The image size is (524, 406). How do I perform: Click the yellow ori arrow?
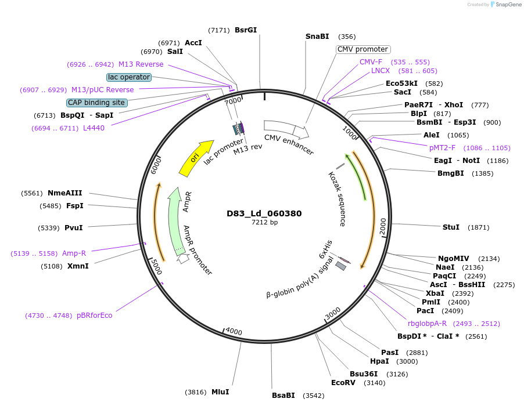(196, 157)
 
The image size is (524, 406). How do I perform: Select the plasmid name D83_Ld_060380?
(264, 213)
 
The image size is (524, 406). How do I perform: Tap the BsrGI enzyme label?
(246, 30)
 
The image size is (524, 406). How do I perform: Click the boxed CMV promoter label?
(363, 49)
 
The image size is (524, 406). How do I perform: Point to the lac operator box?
(129, 77)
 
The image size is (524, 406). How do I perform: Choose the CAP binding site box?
(96, 103)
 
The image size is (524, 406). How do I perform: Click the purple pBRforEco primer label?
(94, 316)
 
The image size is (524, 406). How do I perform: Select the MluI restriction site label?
(220, 392)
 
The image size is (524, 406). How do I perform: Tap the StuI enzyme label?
(451, 227)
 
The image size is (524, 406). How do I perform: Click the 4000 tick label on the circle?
(234, 331)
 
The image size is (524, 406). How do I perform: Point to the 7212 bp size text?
(264, 222)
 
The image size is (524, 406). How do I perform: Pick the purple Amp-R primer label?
(74, 253)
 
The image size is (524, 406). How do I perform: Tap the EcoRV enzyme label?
(343, 383)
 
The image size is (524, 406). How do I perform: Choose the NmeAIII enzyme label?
(65, 193)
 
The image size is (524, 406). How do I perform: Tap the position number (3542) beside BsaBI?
(312, 396)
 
